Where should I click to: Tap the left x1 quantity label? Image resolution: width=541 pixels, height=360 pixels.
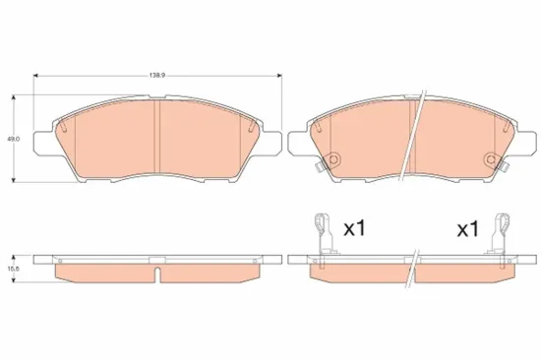[x=353, y=229]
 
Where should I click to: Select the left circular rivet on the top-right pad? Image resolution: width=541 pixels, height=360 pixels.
[x=332, y=161]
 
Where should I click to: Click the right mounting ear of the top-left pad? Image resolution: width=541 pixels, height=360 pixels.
[x=273, y=141]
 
